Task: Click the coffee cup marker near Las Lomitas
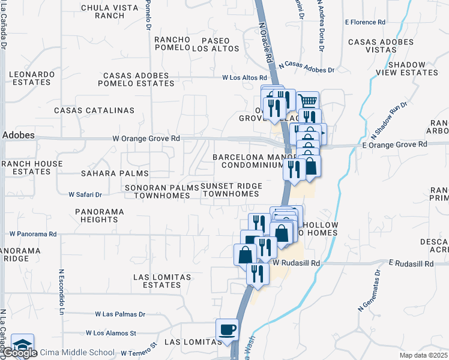(228, 330)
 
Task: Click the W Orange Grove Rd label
(146, 139)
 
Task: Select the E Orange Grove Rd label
(394, 145)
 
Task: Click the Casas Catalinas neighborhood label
(94, 110)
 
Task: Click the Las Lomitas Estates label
(163, 281)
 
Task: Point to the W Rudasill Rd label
(297, 263)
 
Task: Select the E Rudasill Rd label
(411, 263)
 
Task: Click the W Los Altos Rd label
(244, 78)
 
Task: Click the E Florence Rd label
(365, 22)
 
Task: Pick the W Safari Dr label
(85, 195)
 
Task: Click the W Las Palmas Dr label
(120, 314)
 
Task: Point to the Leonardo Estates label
(31, 78)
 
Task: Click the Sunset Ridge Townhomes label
(231, 190)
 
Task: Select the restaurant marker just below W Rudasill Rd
(258, 274)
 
